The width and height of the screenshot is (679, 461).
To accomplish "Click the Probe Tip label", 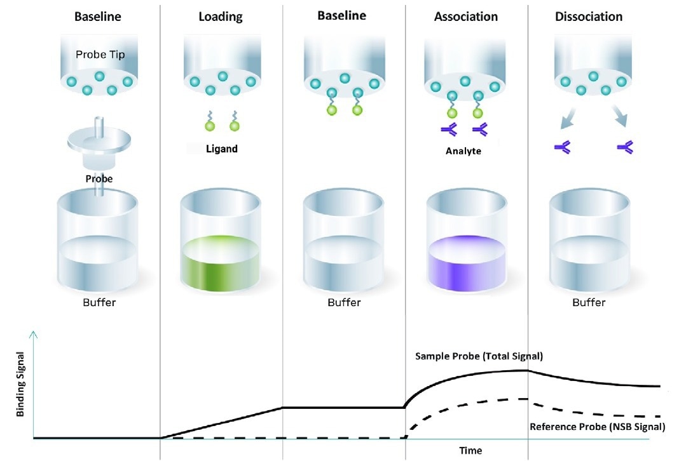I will click(100, 55).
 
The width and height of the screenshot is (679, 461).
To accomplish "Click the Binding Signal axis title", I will click(20, 386).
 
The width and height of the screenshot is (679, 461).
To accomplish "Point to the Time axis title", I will click(470, 451).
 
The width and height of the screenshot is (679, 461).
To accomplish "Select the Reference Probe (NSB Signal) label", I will click(598, 427).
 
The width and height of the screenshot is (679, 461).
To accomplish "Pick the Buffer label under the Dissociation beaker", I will click(588, 302).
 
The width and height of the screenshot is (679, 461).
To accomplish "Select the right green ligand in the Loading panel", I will click(235, 125).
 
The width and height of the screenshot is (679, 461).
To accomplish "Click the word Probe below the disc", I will click(99, 179).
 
